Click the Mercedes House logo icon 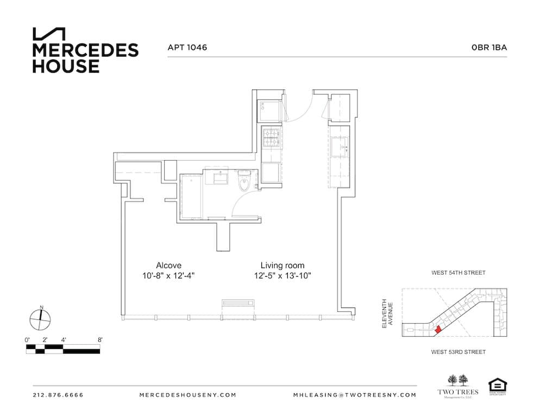[x=49, y=34]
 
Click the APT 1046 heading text [x=187, y=48]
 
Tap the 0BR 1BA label [x=489, y=48]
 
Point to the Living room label [x=279, y=266]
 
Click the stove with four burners [x=271, y=137]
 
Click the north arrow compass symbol [x=41, y=319]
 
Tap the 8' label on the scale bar [x=100, y=340]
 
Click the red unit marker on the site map [x=437, y=328]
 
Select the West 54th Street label [x=458, y=273]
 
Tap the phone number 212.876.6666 [x=58, y=395]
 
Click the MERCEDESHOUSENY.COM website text [x=188, y=395]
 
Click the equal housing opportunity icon [x=497, y=386]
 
